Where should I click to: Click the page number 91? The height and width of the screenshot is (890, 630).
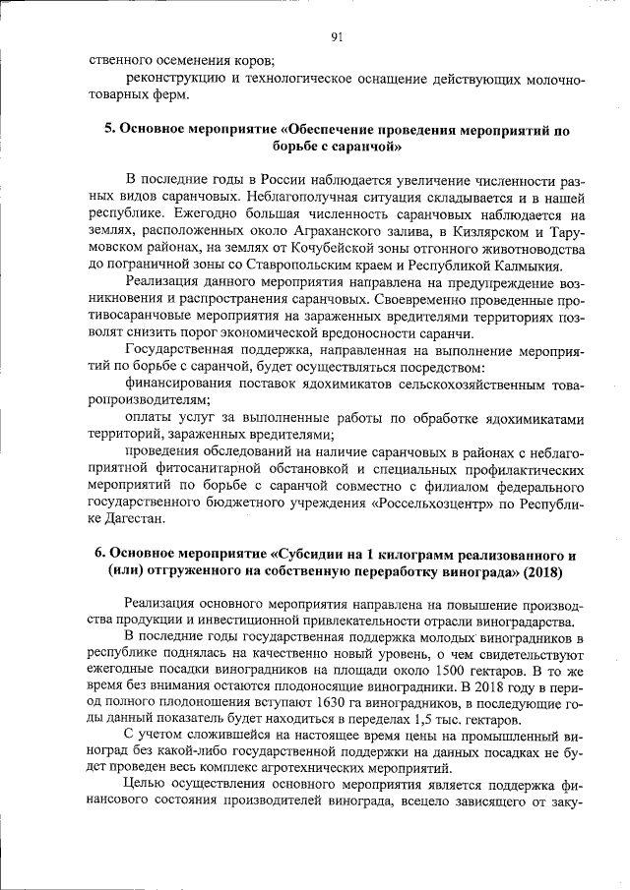pos(337,38)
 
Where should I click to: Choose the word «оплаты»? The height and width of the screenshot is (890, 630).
pos(151,418)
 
